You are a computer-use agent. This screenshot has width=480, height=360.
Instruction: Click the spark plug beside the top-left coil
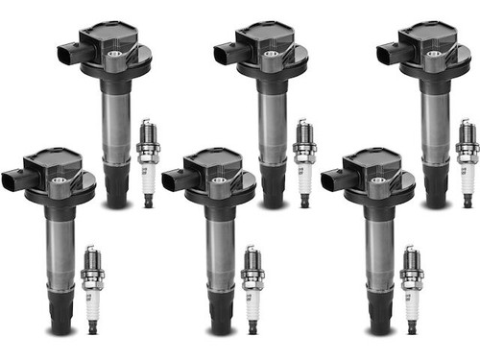148,163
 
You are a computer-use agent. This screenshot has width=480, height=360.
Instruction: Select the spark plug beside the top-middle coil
304,163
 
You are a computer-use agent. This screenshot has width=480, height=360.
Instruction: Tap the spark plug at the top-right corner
468,163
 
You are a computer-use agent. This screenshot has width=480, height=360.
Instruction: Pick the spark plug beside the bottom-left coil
91,288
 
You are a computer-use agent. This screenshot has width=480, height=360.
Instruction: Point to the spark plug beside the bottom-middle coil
252,288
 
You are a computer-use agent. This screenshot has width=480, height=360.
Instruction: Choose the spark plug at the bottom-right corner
412,288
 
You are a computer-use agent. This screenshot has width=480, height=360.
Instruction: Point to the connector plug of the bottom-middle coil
174,179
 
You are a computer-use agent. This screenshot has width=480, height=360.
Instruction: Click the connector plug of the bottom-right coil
333,179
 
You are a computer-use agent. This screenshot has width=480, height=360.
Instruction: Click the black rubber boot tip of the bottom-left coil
61,317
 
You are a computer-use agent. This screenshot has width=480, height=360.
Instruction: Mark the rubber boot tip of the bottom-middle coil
222,317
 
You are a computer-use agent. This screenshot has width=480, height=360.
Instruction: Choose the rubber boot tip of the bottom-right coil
381,317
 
